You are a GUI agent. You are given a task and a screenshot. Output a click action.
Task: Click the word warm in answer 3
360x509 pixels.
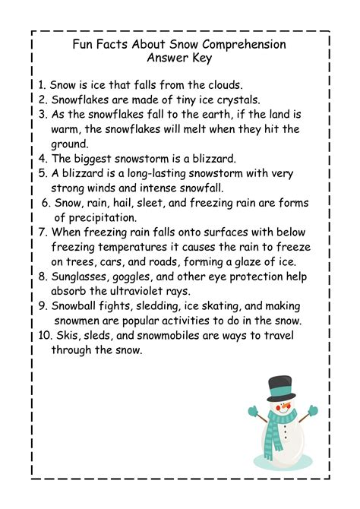pyautogui.click(x=68, y=130)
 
